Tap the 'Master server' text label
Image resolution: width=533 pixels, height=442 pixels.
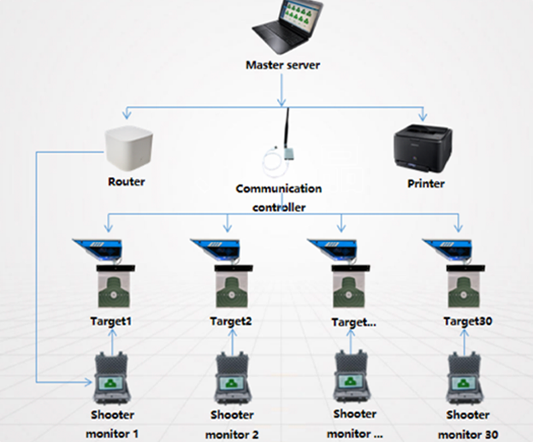[x=283, y=65]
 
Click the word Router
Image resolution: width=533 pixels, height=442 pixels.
[x=127, y=182]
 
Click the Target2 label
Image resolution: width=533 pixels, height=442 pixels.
[x=229, y=321]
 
